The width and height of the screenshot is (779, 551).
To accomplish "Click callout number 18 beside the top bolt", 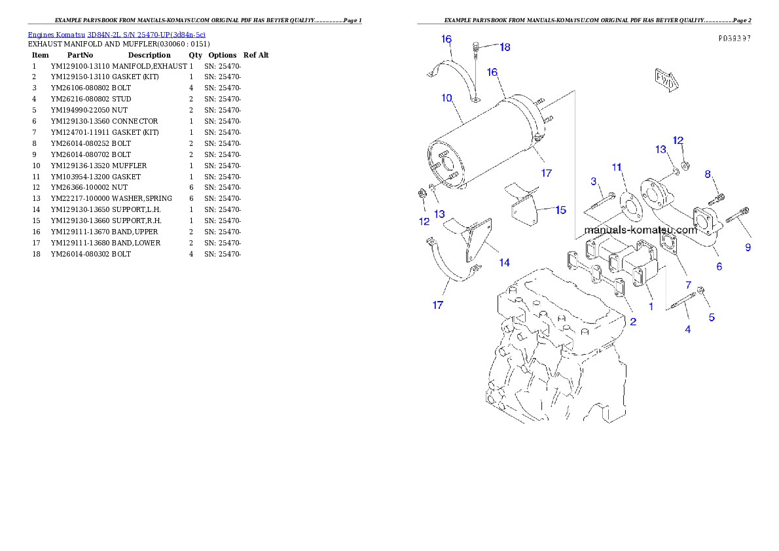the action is click(x=505, y=47).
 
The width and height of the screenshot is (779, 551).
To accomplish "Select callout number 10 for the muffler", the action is click(x=447, y=98).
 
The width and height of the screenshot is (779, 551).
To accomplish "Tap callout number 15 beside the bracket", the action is click(x=560, y=210).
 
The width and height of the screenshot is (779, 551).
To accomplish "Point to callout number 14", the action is click(x=504, y=262).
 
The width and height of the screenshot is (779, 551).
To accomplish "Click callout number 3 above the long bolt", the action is click(x=593, y=181).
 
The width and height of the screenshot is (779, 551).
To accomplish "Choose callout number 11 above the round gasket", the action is click(x=617, y=168).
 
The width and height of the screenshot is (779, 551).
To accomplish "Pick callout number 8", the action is click(x=708, y=174).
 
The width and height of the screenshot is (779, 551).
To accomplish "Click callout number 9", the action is click(x=748, y=247).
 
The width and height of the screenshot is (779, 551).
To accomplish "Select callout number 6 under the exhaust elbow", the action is click(x=719, y=266).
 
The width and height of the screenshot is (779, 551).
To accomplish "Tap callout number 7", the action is click(x=688, y=285).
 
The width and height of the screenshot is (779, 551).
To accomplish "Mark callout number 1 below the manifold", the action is click(x=650, y=306).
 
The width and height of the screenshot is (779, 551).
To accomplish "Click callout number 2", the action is click(x=633, y=321).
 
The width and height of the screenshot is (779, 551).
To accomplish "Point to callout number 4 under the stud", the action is click(x=687, y=329).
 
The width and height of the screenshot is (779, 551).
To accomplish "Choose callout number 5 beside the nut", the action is click(x=712, y=318).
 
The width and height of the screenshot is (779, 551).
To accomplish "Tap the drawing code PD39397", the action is click(x=734, y=39).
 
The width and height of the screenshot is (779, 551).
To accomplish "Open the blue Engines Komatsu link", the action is click(x=117, y=35).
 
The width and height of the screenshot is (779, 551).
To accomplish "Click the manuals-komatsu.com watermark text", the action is click(x=640, y=230).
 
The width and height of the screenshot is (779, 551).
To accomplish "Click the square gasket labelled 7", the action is click(x=668, y=244).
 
